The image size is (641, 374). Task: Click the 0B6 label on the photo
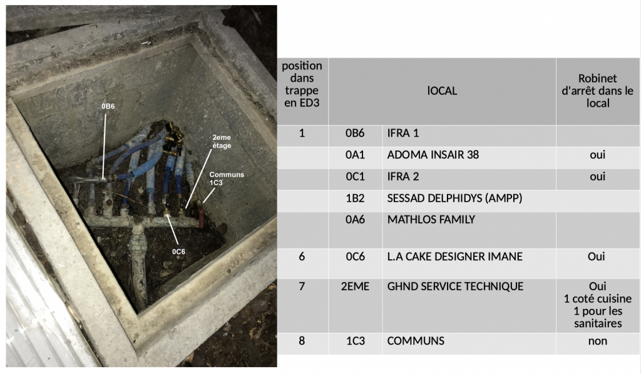click(x=108, y=106)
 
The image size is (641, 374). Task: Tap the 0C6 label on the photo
click(x=178, y=252)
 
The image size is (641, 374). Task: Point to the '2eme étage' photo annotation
click(x=222, y=142)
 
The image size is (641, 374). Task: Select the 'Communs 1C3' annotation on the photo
click(x=227, y=179)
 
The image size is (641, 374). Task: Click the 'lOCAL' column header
click(x=442, y=91)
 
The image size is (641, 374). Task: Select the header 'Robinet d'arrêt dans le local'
click(x=597, y=91)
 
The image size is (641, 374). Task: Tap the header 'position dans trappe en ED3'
click(x=302, y=85)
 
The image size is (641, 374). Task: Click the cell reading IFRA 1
click(x=403, y=133)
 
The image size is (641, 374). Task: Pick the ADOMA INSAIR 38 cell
click(x=433, y=155)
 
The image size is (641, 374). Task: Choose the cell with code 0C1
click(x=355, y=177)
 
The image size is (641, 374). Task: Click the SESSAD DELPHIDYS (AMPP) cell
click(x=454, y=199)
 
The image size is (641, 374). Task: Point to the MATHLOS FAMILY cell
click(x=431, y=220)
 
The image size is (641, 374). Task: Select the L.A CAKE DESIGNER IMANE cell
click(x=454, y=257)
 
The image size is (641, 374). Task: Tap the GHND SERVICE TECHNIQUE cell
click(x=455, y=286)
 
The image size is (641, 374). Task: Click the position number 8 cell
click(x=302, y=341)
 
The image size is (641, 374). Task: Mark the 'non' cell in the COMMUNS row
click(x=597, y=341)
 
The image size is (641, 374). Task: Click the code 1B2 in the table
click(x=355, y=199)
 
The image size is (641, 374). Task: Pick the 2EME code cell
click(x=355, y=286)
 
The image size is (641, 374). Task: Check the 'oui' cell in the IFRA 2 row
click(x=597, y=177)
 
